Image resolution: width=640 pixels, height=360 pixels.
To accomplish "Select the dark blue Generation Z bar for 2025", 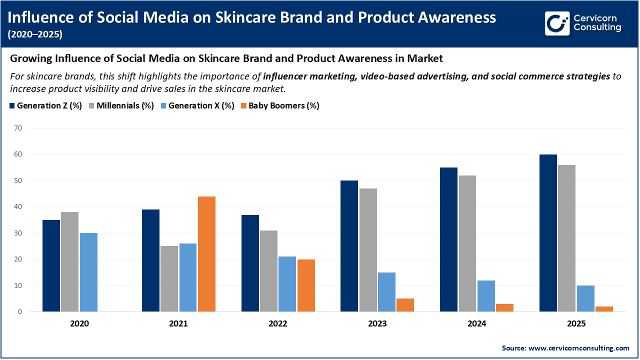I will (548, 233).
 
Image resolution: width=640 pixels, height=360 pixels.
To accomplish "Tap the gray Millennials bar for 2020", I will (69, 261).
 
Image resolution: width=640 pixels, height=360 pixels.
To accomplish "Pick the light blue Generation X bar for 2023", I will (386, 292).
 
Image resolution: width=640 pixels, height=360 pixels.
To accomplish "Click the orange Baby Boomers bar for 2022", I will (305, 285).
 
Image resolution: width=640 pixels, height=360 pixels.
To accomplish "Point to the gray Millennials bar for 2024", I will (467, 243).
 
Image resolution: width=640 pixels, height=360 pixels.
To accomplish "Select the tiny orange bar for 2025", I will (603, 309).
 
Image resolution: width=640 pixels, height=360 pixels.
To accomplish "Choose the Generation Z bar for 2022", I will (250, 263).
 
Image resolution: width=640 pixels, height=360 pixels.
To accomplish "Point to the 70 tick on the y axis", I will (18, 128).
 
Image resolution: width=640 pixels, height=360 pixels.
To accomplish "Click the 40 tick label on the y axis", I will (18, 207).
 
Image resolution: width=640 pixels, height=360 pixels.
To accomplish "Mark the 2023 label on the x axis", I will (377, 324).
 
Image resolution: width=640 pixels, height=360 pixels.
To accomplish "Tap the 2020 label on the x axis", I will (79, 324).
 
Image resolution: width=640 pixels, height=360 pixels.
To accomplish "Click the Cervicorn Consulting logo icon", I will (557, 23).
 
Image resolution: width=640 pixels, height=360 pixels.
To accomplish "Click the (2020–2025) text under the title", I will (35, 34).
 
